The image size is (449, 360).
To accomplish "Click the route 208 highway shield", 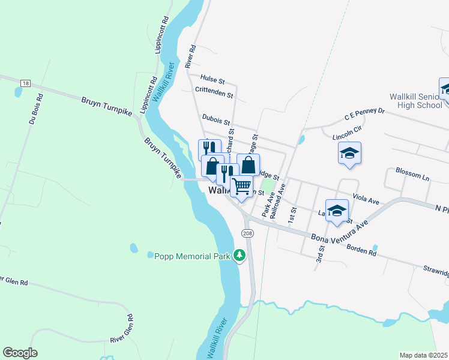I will [x=247, y=233].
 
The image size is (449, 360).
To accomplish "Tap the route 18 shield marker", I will [x=25, y=83].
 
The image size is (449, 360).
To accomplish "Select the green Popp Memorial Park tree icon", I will [x=240, y=256].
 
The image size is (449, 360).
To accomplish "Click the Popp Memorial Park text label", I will [x=192, y=256].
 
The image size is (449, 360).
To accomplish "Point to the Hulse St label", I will [x=212, y=79].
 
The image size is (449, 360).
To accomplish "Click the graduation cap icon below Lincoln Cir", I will [x=349, y=153].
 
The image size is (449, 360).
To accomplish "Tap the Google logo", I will [x=20, y=353].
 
